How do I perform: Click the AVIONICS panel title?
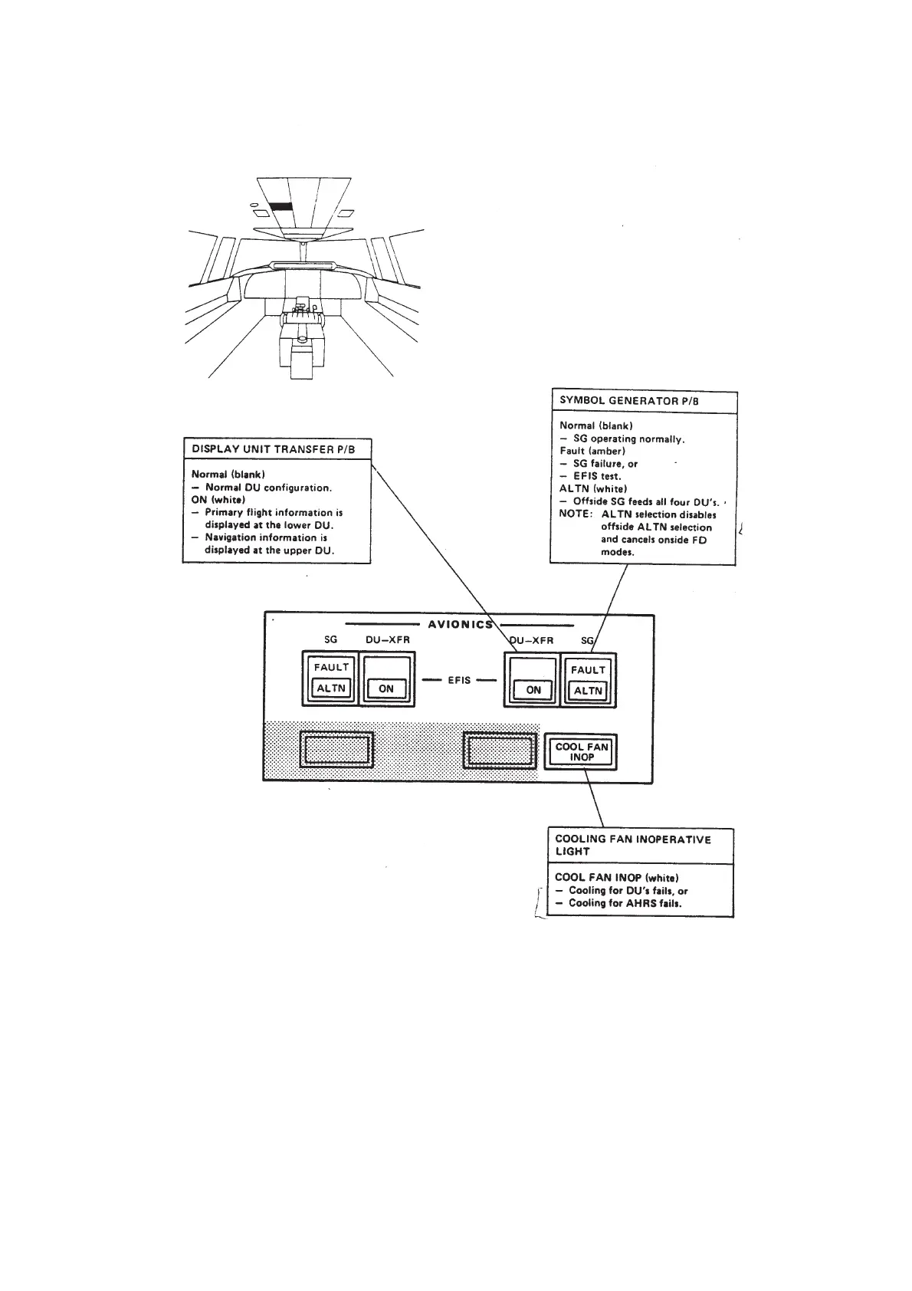tap(460, 624)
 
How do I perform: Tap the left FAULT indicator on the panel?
tap(331, 667)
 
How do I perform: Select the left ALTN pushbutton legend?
tap(331, 688)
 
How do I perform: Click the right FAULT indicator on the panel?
tap(588, 670)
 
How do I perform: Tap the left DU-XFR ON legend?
tap(386, 689)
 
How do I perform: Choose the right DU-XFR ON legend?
tap(533, 690)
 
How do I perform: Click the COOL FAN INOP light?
tap(581, 752)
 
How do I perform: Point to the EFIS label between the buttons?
tap(459, 680)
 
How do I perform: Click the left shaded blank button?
tap(336, 749)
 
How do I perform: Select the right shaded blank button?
tap(500, 749)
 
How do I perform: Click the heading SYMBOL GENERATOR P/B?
tap(628, 401)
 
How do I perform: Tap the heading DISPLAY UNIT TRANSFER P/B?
tap(273, 448)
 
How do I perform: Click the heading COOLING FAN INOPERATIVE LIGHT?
tap(632, 845)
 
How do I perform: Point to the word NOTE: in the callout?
tap(576, 514)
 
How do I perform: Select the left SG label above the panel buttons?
tap(331, 640)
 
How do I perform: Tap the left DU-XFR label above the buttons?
tap(387, 640)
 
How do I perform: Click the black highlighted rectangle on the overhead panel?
tap(281, 207)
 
